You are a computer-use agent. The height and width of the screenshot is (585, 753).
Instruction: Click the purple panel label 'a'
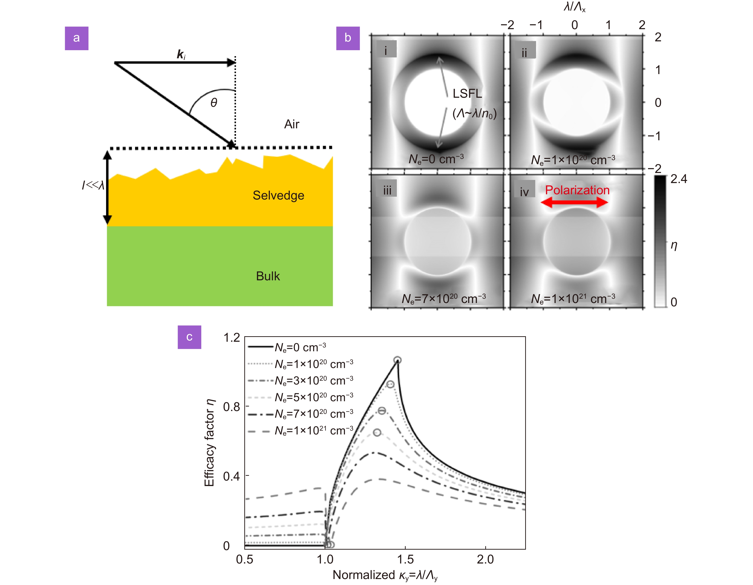coord(76,38)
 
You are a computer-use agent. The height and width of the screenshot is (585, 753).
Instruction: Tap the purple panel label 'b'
coord(348,38)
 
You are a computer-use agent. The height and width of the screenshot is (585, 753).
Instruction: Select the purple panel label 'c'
coord(189,337)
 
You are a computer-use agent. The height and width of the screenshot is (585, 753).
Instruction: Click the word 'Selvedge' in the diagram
coord(278,196)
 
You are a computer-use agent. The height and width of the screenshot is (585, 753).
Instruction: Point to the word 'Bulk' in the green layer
coord(268,276)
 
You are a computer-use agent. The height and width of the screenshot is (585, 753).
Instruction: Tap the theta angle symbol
coord(214,103)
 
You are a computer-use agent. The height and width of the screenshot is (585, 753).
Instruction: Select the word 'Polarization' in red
coord(577,190)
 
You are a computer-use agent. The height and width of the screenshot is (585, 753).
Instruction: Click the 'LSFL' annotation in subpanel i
coord(467,93)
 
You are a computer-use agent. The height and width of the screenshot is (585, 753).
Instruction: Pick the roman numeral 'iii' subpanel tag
coord(387,190)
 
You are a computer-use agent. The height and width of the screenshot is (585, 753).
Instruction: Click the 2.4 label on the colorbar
coord(678,179)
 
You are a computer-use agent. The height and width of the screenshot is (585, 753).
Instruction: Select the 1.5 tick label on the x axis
coord(405,559)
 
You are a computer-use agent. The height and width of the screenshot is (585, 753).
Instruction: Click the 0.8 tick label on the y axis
coord(231,407)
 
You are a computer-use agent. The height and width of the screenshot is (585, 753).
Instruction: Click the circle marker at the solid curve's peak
coord(398,360)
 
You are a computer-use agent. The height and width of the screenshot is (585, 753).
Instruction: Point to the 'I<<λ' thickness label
coord(93,185)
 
